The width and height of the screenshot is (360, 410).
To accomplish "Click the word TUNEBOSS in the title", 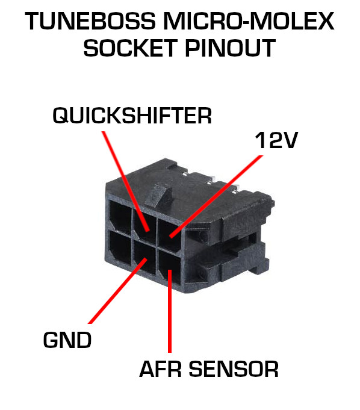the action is coord(90,21).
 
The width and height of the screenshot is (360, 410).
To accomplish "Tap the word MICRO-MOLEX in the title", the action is coord(249,21).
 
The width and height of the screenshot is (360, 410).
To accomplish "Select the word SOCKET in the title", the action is coord(131,48).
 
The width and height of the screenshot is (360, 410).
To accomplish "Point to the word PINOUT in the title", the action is coord(230,48).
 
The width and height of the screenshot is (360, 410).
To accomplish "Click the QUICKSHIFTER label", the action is coord(132,116).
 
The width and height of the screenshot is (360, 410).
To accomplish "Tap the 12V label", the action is coord(276,140).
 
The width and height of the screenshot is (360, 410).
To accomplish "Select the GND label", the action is coord(67,340).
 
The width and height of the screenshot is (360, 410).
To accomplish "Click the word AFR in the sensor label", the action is coord(161,369).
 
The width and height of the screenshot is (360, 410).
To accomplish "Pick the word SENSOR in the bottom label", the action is coord(234,369).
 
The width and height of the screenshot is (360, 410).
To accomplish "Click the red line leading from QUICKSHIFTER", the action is coord(125,181).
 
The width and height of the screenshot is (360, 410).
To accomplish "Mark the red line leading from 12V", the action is coord(216,197).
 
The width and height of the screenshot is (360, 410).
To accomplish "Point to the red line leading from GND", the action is coord(117,291).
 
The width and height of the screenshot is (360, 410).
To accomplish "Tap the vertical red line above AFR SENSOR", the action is coord(170,311).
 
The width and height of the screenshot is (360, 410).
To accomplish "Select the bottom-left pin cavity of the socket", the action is coord(120,247).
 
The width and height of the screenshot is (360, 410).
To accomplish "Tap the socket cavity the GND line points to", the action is coord(144,257).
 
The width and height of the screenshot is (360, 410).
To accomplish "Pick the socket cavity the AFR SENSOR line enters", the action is coord(169,267).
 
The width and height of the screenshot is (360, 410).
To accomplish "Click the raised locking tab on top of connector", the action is coord(159,196).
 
